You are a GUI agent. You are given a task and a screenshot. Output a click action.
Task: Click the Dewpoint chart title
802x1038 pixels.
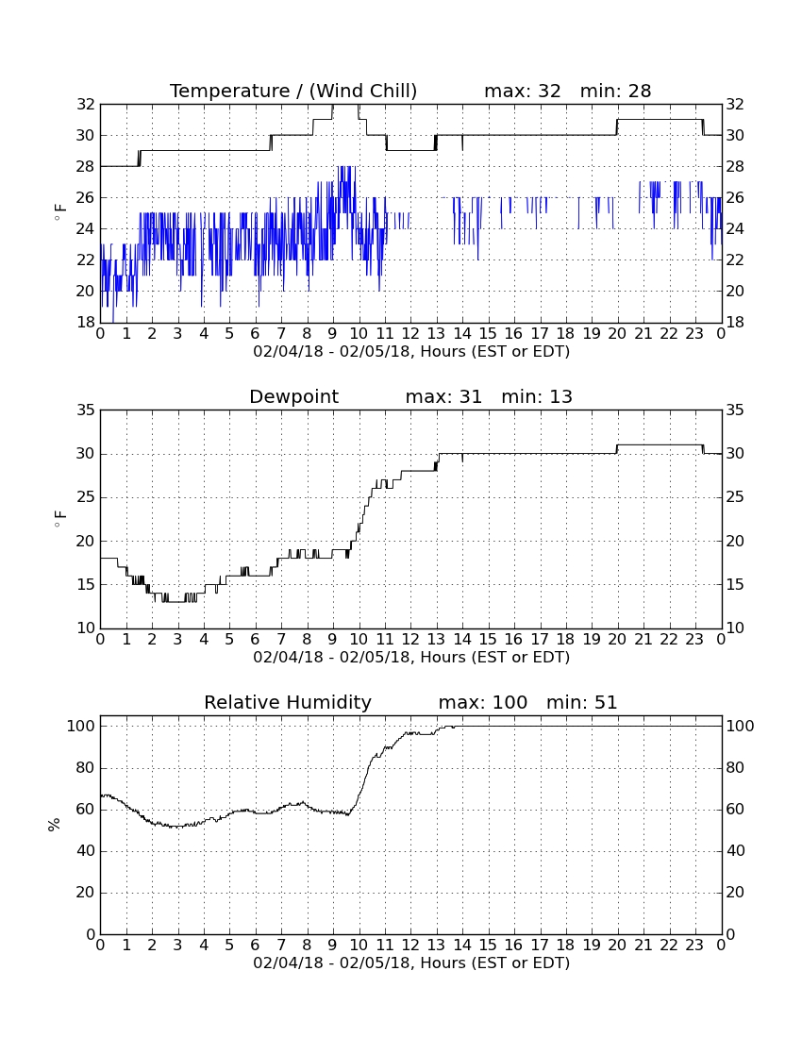293,396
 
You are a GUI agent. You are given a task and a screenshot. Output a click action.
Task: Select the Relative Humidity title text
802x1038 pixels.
288,702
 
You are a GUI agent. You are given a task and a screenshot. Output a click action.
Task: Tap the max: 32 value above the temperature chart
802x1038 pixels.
523,91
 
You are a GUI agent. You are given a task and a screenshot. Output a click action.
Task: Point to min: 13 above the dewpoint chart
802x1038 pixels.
537,396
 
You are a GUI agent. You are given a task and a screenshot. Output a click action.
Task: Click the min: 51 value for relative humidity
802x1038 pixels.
581,702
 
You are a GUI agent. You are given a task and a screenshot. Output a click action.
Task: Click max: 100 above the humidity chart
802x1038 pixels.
483,702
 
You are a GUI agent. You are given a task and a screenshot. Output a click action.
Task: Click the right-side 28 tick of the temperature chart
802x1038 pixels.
735,166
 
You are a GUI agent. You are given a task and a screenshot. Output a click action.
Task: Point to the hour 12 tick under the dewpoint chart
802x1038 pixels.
410,640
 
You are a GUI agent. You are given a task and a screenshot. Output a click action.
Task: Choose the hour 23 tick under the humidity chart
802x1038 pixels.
694,946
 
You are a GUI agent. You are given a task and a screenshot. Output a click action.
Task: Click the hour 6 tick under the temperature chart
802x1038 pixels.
255,334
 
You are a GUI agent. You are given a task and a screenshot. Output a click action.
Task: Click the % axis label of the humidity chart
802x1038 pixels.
54,825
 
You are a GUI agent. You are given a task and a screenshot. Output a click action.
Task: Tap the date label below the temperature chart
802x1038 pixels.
411,352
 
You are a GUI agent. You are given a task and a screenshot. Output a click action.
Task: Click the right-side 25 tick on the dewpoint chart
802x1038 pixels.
735,497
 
